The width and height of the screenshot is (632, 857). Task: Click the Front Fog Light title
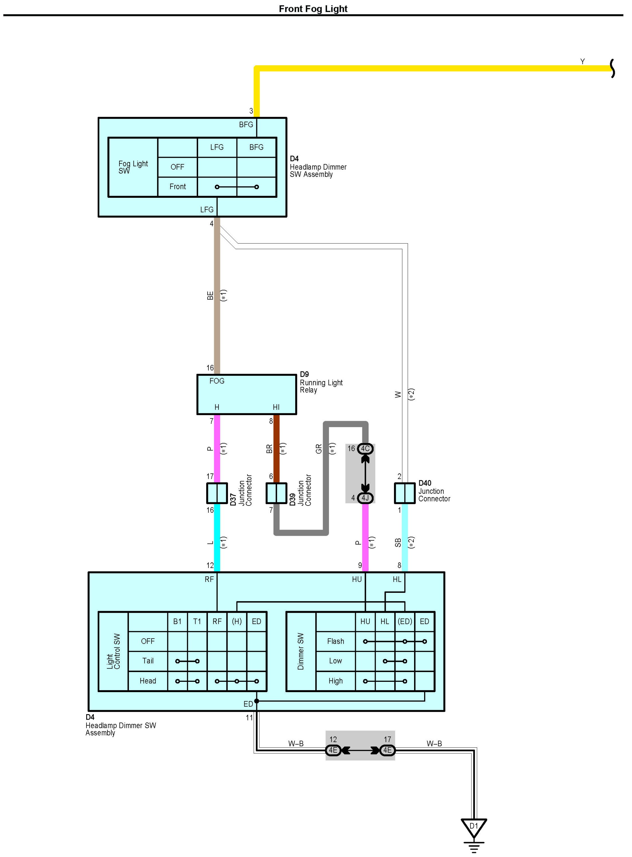(x=313, y=9)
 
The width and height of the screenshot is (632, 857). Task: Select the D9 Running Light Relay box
(x=246, y=394)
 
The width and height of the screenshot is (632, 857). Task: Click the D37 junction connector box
(x=217, y=493)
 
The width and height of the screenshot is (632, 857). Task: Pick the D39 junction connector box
(x=276, y=493)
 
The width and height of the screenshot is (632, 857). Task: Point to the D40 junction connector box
(x=404, y=493)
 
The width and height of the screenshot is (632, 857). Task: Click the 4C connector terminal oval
(x=365, y=449)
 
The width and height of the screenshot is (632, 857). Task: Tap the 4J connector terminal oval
(x=365, y=498)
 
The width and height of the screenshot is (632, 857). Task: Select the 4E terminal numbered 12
(x=333, y=750)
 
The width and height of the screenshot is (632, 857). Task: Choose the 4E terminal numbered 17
(x=387, y=750)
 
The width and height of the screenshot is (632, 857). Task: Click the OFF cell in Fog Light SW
(x=178, y=167)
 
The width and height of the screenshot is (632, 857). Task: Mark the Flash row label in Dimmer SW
(x=336, y=641)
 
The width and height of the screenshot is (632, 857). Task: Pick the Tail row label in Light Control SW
(x=148, y=661)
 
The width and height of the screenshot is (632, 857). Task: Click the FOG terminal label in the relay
(x=217, y=381)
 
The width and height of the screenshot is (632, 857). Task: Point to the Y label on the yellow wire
(x=582, y=62)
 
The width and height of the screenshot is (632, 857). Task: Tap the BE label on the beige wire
(x=210, y=296)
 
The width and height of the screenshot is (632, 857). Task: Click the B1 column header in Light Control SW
(x=177, y=621)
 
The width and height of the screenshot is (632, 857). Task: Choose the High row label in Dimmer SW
(x=336, y=681)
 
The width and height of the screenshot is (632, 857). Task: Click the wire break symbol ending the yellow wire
(x=612, y=68)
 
